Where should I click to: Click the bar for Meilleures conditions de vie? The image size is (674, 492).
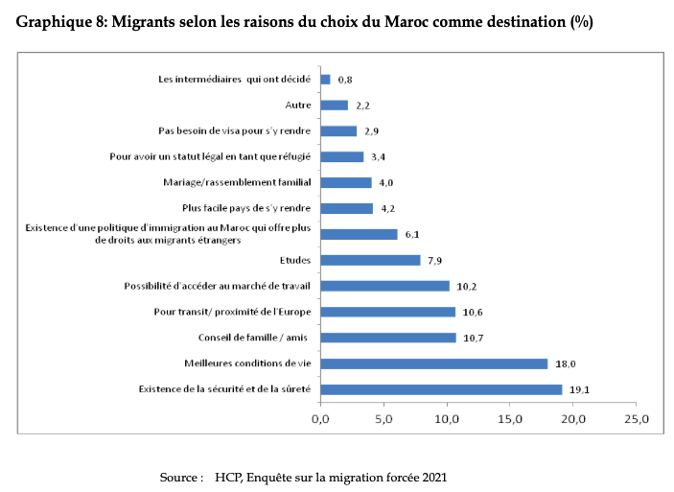pyautogui.click(x=433, y=363)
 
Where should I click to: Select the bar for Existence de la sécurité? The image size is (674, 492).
pyautogui.click(x=440, y=389)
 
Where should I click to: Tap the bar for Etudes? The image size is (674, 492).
pyautogui.click(x=369, y=260)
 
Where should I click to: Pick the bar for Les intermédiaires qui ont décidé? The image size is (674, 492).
pyautogui.click(x=325, y=80)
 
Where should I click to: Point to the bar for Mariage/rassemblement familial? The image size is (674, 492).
pyautogui.click(x=345, y=182)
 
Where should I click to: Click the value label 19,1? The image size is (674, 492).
pyautogui.click(x=578, y=390)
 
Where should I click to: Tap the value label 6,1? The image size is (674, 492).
pyautogui.click(x=413, y=234)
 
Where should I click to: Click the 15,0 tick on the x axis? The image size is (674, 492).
pyautogui.click(x=510, y=418)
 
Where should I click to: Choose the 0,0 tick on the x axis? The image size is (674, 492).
pyautogui.click(x=320, y=418)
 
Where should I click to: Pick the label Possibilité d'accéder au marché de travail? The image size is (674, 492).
pyautogui.click(x=221, y=286)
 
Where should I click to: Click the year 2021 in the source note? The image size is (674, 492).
pyautogui.click(x=433, y=477)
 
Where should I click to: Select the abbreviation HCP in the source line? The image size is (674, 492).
pyautogui.click(x=228, y=477)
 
